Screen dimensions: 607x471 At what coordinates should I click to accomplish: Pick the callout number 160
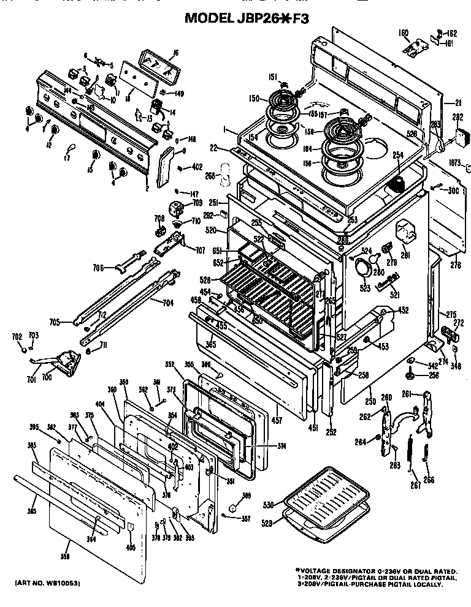click(x=402, y=32)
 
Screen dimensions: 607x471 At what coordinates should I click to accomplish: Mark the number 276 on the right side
click(x=455, y=265)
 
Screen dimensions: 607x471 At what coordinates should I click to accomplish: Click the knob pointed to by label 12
click(x=54, y=130)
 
